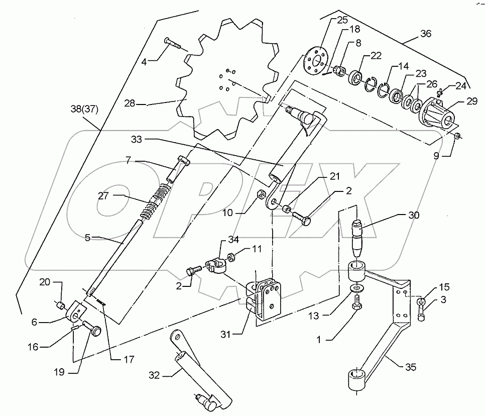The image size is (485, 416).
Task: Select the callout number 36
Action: (425, 35)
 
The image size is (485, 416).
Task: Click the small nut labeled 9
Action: (457, 137)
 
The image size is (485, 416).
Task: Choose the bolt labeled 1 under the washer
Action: (356, 303)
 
